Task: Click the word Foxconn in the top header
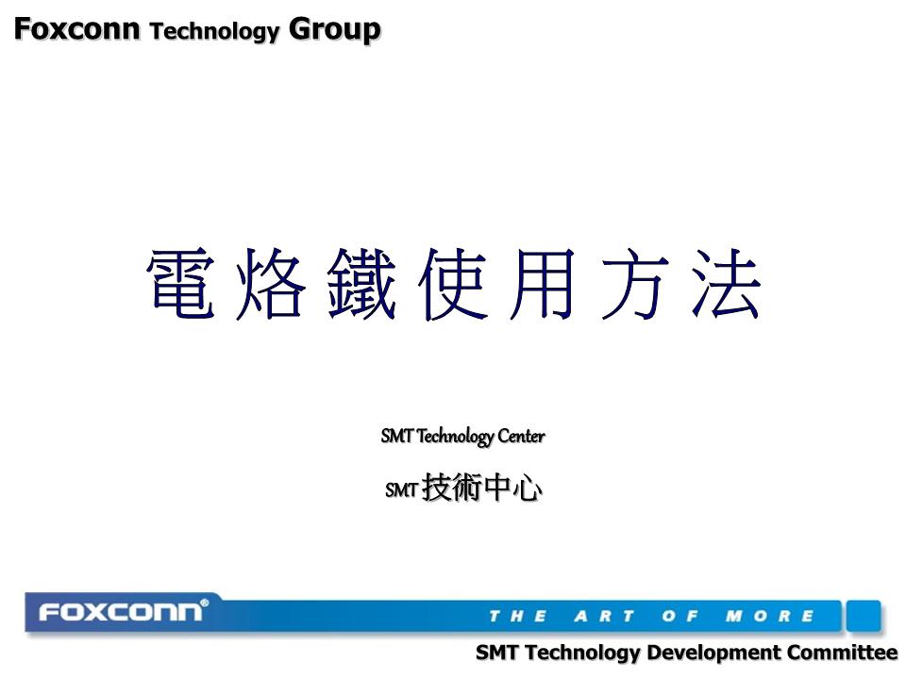point(76,29)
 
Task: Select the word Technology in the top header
point(215,32)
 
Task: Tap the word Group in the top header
point(335,30)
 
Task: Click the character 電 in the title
point(180,284)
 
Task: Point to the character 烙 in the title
point(271,284)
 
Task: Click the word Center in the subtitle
point(521,437)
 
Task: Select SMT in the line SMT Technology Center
point(397,437)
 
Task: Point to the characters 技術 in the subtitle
point(452,489)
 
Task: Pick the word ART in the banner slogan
point(604,617)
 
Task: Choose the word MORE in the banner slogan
point(769,617)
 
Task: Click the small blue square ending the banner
point(863,615)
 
